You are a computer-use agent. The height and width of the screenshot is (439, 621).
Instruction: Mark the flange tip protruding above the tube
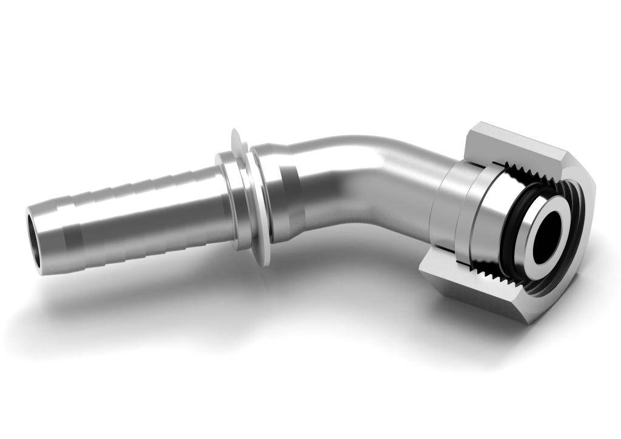click(237, 138)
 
